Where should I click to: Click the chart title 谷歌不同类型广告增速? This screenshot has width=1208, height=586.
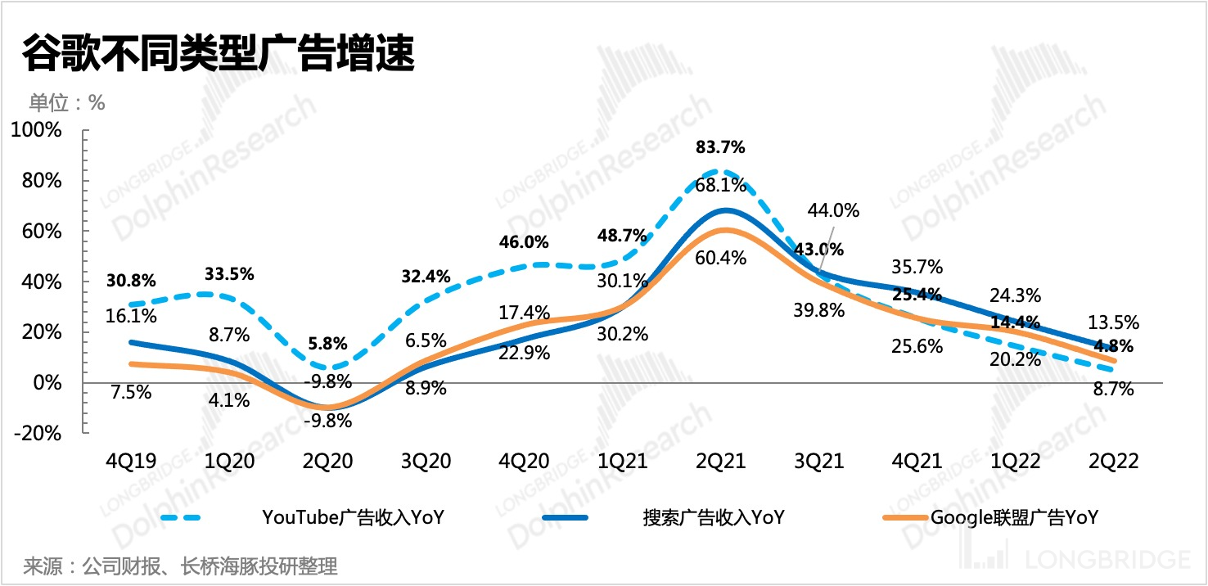(x=216, y=56)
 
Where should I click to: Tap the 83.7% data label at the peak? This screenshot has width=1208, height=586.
(x=720, y=148)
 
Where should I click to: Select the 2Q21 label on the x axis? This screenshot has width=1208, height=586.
(x=721, y=462)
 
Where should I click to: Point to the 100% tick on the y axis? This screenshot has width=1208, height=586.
(x=36, y=130)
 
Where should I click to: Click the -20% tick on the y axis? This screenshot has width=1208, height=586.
(x=36, y=433)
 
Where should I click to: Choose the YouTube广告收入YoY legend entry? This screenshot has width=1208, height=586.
(x=353, y=517)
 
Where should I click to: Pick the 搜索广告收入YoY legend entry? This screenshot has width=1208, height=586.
(x=713, y=517)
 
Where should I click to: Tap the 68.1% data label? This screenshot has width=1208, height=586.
(x=721, y=186)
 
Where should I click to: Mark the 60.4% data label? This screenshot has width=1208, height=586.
(x=721, y=258)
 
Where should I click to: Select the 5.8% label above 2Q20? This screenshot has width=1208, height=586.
(x=328, y=344)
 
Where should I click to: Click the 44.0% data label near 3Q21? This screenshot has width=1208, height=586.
(x=833, y=210)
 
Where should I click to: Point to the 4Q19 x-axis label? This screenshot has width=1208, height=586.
(x=132, y=462)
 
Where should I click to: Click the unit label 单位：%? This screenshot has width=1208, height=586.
(x=67, y=103)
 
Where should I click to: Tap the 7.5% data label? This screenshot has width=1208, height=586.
(x=132, y=392)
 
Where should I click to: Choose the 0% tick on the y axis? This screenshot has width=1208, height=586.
(x=45, y=382)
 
